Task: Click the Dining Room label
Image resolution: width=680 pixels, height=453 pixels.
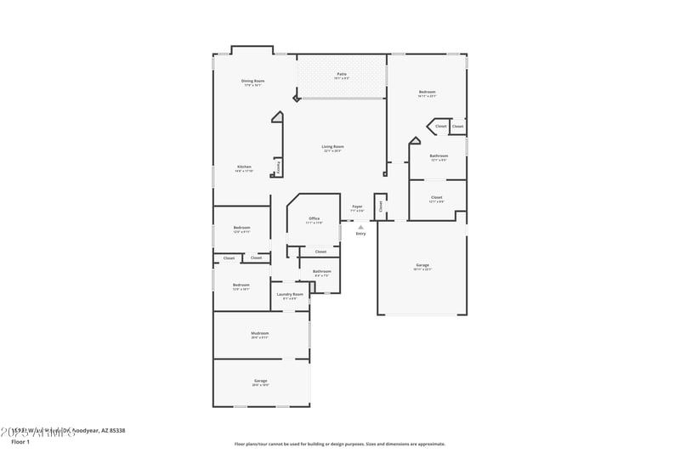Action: coord(253,81)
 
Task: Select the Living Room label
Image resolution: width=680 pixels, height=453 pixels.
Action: coord(332,147)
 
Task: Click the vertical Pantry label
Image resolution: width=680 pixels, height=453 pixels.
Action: coord(278,167)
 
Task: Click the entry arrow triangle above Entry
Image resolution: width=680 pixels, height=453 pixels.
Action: coord(360,227)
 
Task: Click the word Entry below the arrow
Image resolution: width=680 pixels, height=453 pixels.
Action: coord(360,233)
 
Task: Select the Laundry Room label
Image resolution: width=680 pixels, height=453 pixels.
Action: coord(290,294)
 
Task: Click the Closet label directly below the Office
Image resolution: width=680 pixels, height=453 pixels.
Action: coord(320,252)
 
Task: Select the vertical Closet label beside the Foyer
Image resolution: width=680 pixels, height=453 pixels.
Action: coord(382,206)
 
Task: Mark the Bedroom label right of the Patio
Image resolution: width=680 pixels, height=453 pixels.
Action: coord(427,92)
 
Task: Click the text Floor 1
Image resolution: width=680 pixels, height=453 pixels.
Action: coord(20,442)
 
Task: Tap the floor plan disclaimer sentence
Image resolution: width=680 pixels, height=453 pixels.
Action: coord(339,444)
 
